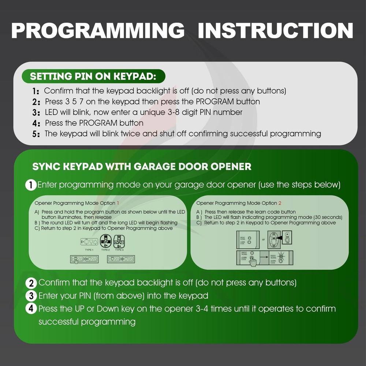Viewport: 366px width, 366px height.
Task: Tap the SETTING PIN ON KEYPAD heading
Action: pos(93,77)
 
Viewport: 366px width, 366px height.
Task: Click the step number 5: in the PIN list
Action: pos(36,134)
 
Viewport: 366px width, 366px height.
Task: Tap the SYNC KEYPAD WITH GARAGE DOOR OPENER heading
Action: pos(142,167)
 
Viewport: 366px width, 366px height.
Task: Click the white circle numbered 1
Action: pos(31,185)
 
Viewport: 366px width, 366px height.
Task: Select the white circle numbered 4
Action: pos(31,309)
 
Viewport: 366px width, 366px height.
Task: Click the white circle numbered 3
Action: pos(31,296)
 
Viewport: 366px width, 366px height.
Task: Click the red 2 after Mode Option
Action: pos(280,203)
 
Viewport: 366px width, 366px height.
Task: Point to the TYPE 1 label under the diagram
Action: pos(89,250)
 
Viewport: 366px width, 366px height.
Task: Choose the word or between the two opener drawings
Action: pos(263,240)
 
